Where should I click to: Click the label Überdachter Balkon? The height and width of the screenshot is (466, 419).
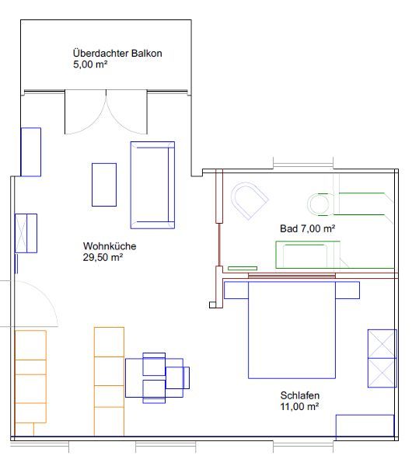tap(117, 54)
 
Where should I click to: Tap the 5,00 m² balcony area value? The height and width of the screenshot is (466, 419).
tap(90, 64)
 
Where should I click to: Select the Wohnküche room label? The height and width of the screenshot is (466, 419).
tap(110, 246)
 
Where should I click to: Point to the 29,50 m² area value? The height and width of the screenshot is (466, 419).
tap(103, 257)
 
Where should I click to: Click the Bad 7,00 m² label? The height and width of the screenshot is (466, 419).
tap(308, 228)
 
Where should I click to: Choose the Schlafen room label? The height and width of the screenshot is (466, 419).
tap(300, 395)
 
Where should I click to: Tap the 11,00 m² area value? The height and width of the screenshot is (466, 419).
tap(299, 406)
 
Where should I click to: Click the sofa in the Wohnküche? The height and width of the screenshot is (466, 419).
tap(152, 185)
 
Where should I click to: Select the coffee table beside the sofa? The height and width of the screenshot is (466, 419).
tap(104, 185)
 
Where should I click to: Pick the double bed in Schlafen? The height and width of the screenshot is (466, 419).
tap(292, 330)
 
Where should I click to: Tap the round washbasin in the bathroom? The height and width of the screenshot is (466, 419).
tap(318, 203)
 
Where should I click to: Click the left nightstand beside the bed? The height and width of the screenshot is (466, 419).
tap(236, 290)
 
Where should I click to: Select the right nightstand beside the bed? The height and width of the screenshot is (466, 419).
tap(347, 290)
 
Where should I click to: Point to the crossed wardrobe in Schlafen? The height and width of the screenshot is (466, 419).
tap(382, 358)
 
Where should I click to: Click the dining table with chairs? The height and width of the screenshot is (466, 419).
tap(157, 377)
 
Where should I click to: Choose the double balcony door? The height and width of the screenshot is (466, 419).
tap(106, 112)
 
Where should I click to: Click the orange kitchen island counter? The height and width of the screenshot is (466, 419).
tap(109, 381)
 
